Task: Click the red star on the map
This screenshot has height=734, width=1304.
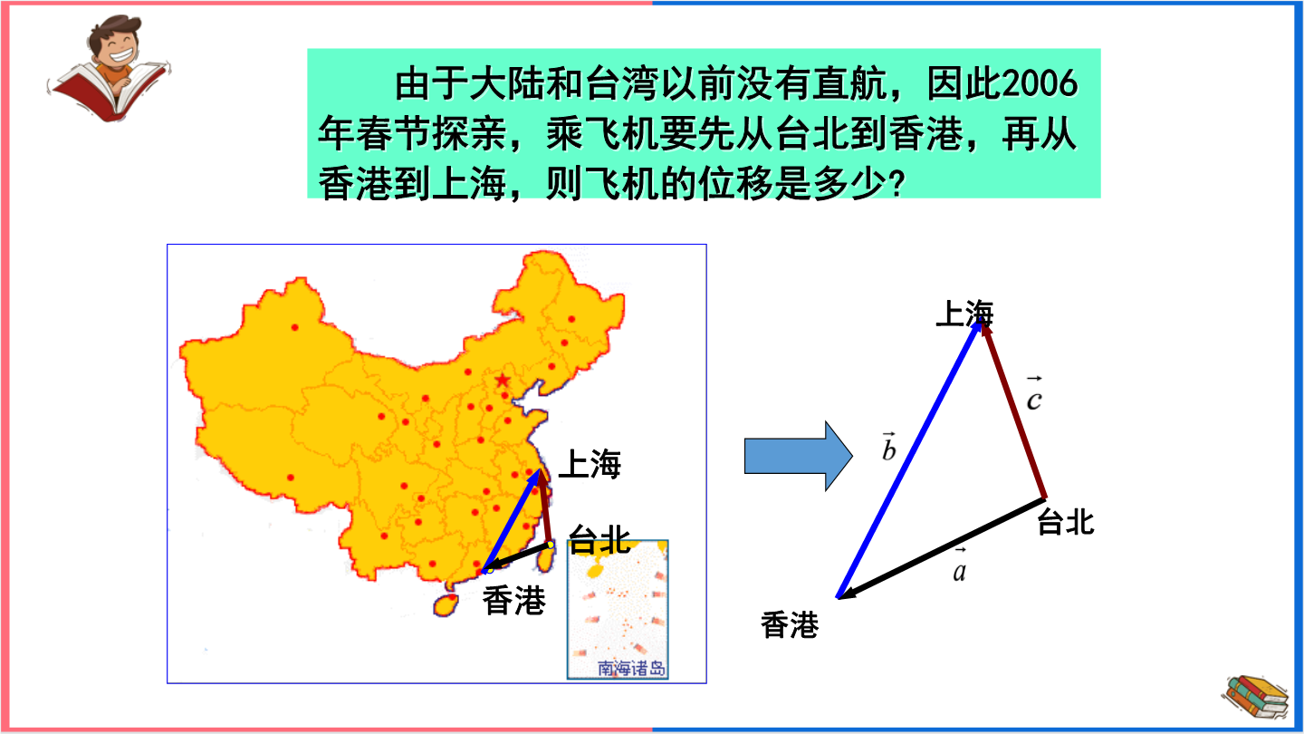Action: (503, 381)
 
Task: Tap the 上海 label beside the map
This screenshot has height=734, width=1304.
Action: (590, 464)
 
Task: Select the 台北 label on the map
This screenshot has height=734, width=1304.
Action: (599, 539)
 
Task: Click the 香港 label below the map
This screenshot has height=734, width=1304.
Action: (514, 601)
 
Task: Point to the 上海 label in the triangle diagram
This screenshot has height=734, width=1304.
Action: (964, 314)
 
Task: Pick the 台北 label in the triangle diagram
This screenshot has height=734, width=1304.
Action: (1066, 522)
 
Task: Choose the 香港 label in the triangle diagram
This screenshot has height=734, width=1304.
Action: (790, 625)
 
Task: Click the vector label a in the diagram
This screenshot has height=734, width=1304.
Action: (959, 566)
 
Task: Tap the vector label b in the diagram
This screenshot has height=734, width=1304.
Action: (888, 447)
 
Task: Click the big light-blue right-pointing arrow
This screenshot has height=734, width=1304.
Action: (799, 456)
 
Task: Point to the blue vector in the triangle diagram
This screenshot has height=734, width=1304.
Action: (909, 459)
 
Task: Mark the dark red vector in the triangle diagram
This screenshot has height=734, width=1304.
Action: (1013, 411)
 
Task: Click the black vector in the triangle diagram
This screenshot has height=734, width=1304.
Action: (942, 548)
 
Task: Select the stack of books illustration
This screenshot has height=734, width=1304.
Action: (1256, 697)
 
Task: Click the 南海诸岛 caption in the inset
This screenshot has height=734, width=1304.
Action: (632, 668)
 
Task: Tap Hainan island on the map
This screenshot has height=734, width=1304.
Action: (446, 604)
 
